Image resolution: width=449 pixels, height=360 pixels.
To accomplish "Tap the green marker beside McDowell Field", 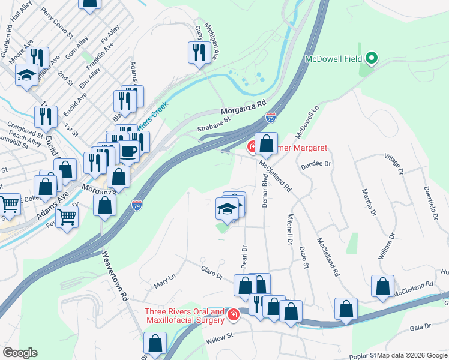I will [x=372, y=58].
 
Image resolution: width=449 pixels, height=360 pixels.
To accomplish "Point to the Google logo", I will [x=20, y=353].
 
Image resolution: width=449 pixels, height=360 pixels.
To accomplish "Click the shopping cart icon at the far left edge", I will [x=9, y=205].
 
